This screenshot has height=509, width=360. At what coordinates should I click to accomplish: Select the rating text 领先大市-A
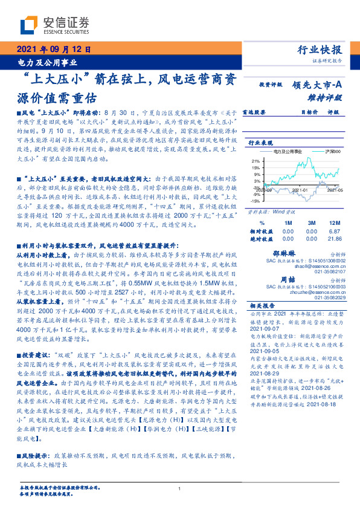click(317, 86)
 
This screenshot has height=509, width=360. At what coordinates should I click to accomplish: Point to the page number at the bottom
click(180, 488)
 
